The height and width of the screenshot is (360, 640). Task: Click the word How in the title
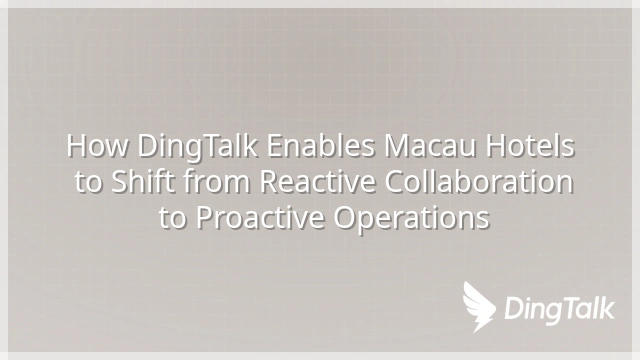(97, 146)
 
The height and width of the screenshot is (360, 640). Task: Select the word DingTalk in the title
(198, 147)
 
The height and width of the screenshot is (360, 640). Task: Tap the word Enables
(321, 145)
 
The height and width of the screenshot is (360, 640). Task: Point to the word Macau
(430, 146)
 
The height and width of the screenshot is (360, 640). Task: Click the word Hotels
(530, 145)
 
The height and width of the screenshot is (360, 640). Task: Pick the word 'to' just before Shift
(88, 182)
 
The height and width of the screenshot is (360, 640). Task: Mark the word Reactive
(317, 181)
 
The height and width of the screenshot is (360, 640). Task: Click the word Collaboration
(479, 181)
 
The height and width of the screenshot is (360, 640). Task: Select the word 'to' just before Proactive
(173, 218)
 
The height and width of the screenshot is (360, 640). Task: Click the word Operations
(411, 219)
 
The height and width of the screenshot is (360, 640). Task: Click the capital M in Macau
(398, 146)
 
